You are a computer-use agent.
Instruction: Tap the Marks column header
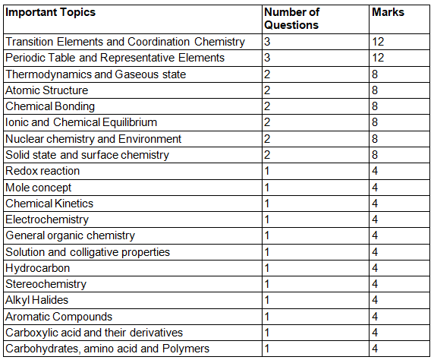[388, 13]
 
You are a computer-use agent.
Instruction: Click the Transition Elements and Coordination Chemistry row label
[125, 42]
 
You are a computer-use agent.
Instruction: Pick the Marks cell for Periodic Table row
[379, 58]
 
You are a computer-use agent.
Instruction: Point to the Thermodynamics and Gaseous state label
[96, 74]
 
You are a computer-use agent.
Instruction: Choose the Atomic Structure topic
[47, 90]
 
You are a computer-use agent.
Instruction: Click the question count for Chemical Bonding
[268, 106]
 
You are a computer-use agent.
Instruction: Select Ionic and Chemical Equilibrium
[81, 122]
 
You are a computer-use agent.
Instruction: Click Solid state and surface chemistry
[87, 155]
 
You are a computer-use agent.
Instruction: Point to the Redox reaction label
[42, 171]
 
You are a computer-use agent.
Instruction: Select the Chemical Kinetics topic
[49, 204]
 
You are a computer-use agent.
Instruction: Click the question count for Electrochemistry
[267, 219]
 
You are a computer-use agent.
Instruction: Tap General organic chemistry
[70, 235]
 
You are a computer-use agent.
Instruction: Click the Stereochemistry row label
[46, 284]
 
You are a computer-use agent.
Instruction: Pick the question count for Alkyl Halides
[267, 300]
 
